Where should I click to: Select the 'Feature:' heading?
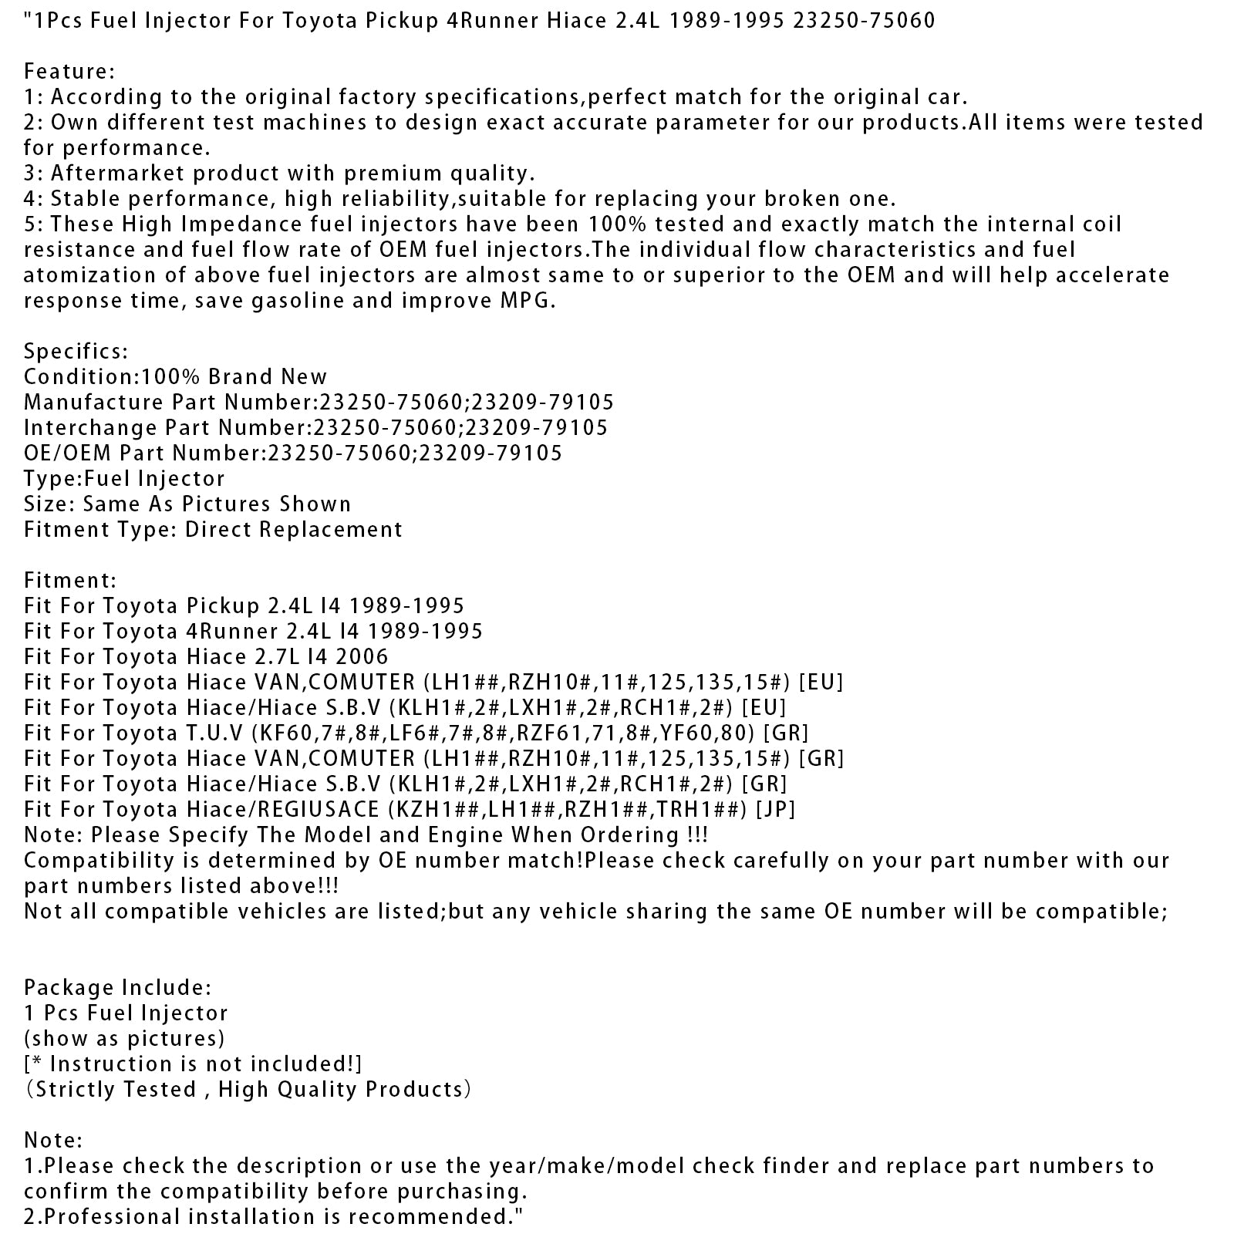point(69,72)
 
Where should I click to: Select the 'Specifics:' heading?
point(76,352)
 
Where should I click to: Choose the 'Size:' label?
point(50,504)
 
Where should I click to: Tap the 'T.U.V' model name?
point(212,733)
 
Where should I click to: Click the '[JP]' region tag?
point(776,810)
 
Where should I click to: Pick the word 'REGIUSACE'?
point(317,810)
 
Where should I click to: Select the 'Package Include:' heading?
point(117,988)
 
